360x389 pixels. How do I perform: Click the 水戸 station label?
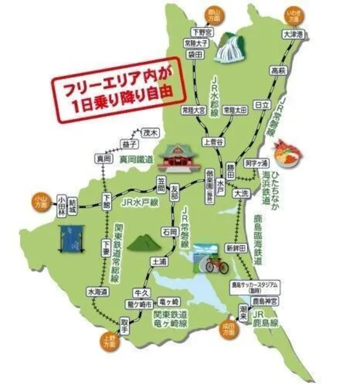point(221,184)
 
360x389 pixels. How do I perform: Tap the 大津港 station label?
point(293,35)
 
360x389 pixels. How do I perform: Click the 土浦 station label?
point(159,261)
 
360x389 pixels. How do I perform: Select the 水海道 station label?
point(97,292)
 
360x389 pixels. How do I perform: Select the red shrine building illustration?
point(179,158)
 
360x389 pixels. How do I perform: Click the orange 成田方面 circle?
point(229,331)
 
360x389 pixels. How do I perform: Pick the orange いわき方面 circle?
point(293,17)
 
